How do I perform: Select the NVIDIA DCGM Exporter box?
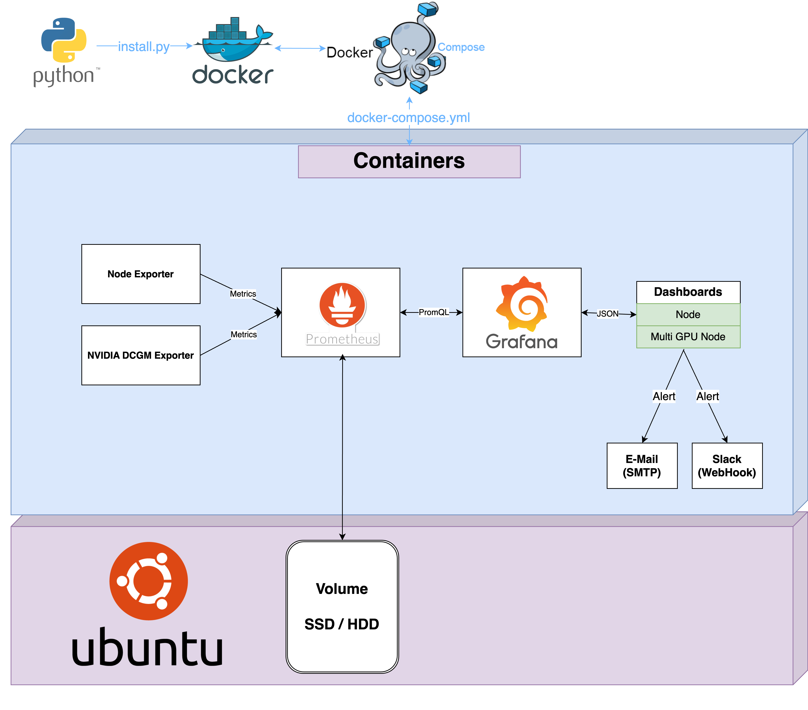(141, 355)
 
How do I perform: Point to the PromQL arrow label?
(434, 312)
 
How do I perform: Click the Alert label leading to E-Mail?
(664, 396)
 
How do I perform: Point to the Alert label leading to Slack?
(708, 396)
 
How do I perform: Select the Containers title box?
(409, 161)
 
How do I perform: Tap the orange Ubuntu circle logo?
(149, 581)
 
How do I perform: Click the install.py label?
(144, 47)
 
